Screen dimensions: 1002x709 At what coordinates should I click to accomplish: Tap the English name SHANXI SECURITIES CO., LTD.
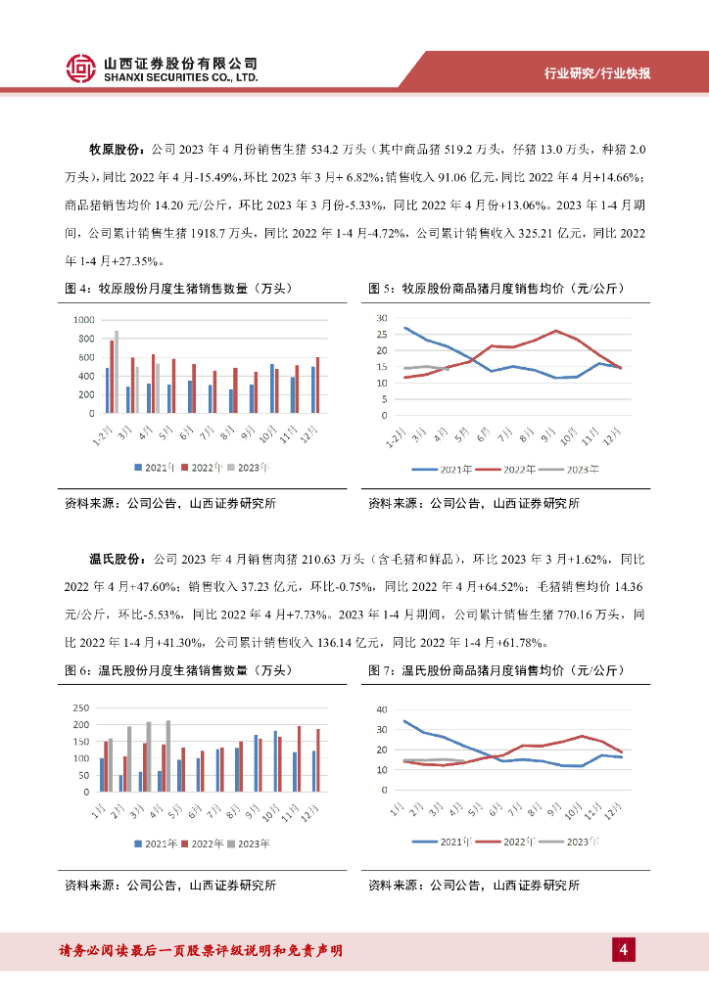[181, 77]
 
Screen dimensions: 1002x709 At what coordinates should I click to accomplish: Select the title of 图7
[496, 670]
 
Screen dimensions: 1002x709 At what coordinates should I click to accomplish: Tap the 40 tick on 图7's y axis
[383, 709]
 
